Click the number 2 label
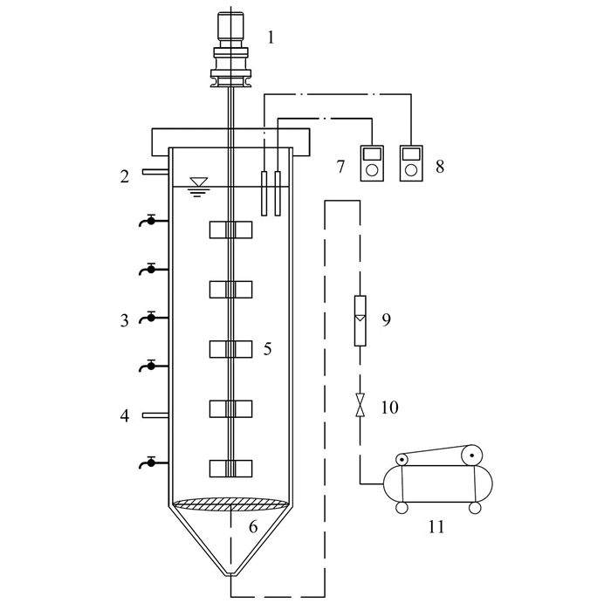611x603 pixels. coord(126,176)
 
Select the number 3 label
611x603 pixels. coord(126,320)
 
